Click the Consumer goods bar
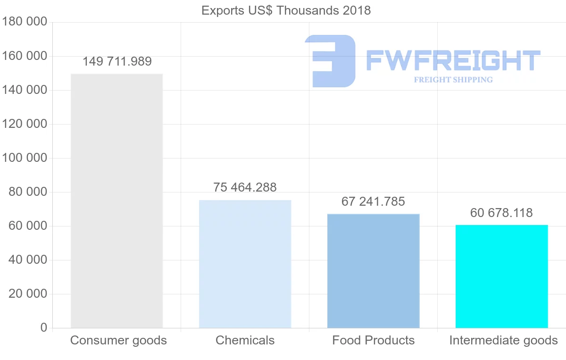117,201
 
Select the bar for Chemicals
245,264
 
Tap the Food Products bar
373,271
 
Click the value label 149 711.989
117,62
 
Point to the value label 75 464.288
245,187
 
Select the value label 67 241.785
373,202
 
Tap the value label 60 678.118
501,213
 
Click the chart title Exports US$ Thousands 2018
286,10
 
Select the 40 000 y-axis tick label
28,260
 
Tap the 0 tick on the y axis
44,328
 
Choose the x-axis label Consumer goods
118,341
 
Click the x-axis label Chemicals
245,341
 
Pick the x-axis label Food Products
373,341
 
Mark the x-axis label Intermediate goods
503,341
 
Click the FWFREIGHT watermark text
453,61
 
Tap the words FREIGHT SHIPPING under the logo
453,80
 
